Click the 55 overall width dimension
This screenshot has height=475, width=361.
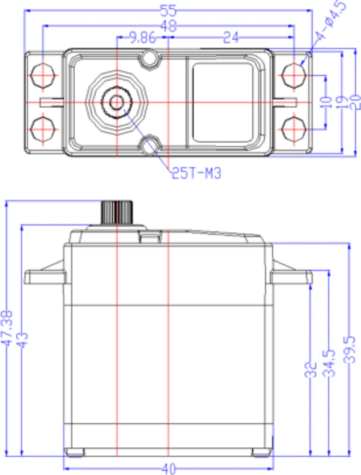[168, 11]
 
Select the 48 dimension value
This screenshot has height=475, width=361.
[169, 26]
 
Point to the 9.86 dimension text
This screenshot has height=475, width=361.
[142, 37]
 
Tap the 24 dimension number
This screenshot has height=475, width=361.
[231, 37]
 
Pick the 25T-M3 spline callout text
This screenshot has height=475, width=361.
[196, 173]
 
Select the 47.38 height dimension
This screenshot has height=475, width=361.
[7, 328]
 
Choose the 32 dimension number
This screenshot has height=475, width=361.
[310, 370]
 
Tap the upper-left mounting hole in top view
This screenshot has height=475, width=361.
[43, 76]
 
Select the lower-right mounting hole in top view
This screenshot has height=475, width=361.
[294, 130]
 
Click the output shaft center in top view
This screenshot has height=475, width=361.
[117, 102]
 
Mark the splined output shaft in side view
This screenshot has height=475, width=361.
[117, 212]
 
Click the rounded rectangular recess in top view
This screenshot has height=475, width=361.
[223, 103]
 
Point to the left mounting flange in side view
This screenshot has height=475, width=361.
[45, 277]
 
